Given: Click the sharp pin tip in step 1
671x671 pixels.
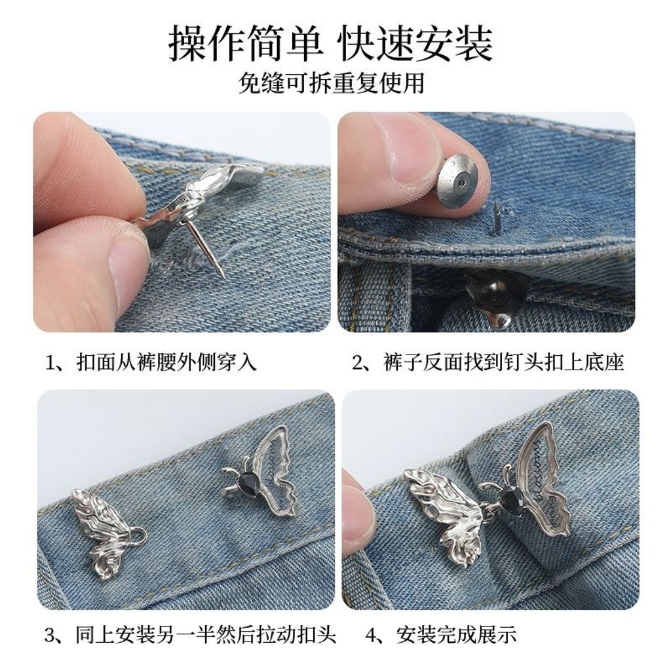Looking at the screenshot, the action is coord(225,279).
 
